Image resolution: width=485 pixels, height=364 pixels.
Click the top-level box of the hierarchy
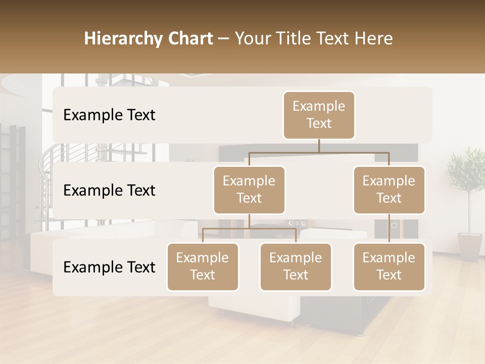(x=319, y=115)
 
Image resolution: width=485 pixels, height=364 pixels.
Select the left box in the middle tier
(x=249, y=190)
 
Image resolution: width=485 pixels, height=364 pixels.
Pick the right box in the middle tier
(x=389, y=190)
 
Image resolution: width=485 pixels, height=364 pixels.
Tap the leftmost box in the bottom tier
(x=203, y=267)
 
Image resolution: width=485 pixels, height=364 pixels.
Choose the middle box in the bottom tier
(x=296, y=267)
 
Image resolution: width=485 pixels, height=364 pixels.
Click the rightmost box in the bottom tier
(x=389, y=267)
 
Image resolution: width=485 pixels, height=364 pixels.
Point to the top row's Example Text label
(x=109, y=115)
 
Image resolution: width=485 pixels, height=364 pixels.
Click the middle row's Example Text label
(x=109, y=191)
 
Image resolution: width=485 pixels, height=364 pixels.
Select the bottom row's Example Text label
(x=109, y=267)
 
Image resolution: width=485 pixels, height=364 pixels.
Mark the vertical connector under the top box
(x=319, y=146)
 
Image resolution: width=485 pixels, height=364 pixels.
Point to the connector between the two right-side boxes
(x=389, y=229)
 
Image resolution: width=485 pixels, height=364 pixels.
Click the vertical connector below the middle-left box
(x=249, y=221)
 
